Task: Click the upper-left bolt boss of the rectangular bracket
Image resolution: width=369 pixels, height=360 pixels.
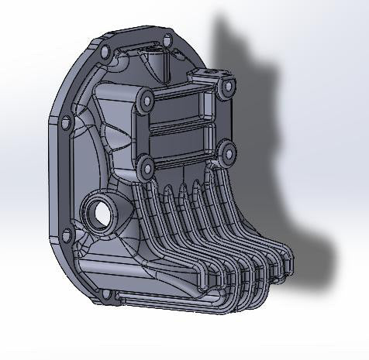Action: tap(144, 98)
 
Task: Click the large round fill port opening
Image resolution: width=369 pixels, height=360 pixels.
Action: tap(98, 211)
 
